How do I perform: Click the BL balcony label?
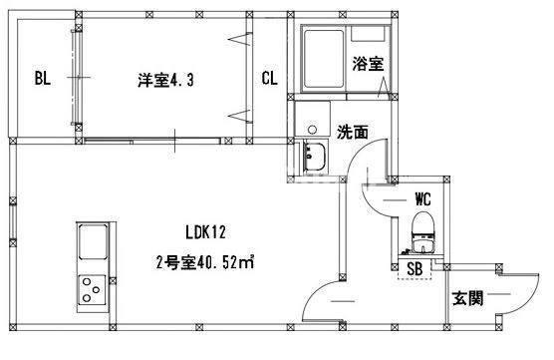point(42,79)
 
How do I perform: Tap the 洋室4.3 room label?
point(165,79)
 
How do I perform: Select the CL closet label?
point(269,79)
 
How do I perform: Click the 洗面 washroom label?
point(351,131)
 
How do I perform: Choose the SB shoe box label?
point(414,268)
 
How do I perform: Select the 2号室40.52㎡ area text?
point(204,263)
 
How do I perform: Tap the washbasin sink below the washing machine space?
point(318,158)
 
